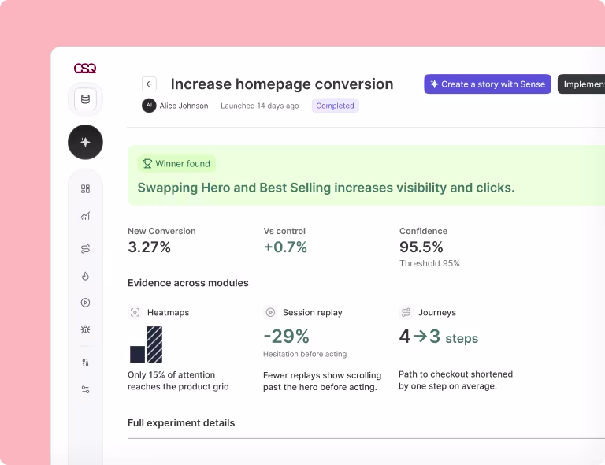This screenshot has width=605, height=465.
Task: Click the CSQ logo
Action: point(85,69)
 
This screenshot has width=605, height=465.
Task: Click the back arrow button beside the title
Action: point(150,84)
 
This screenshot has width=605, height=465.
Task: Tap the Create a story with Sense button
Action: point(488,84)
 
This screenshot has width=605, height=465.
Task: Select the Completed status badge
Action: point(335,106)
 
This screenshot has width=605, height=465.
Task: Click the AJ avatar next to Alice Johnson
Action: point(149,106)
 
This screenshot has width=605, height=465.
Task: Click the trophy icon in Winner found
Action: point(147,164)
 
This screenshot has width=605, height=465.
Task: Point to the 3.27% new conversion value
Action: point(149,247)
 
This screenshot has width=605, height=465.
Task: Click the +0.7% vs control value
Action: point(285,247)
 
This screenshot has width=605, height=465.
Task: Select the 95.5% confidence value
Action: point(421,247)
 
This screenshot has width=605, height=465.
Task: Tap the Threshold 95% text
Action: point(429,263)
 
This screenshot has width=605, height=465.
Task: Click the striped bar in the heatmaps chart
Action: point(154,344)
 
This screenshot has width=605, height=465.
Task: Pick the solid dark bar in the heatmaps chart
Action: point(137,354)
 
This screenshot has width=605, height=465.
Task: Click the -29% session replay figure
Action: point(286,336)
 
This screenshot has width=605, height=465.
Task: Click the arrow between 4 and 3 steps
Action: point(420,336)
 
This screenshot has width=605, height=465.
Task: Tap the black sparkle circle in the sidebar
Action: point(85,142)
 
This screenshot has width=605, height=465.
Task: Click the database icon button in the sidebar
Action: point(85,99)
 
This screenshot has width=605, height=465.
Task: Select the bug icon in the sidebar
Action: point(85,329)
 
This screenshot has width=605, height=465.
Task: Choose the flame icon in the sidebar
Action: point(85,276)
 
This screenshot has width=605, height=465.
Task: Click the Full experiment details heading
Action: point(181,423)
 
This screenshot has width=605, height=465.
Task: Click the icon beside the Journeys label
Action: point(406,312)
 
